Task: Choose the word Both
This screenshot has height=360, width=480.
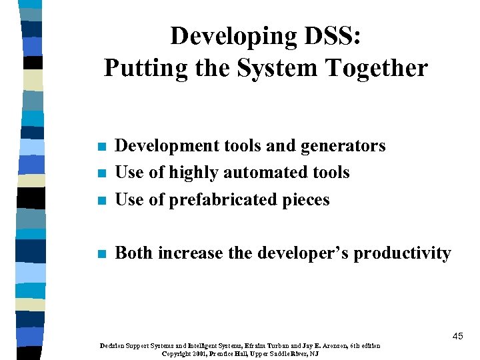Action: [135, 253]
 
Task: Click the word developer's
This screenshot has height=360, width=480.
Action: [302, 253]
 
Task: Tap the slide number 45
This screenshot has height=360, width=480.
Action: [457, 337]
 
